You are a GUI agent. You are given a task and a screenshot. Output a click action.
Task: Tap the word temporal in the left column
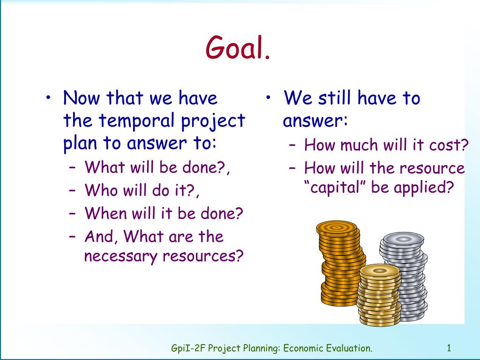coord(135,121)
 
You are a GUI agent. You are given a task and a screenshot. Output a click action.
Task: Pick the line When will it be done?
coord(164,214)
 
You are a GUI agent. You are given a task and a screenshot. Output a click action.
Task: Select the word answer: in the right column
coord(315,122)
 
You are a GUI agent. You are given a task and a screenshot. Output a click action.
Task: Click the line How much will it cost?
coord(386,145)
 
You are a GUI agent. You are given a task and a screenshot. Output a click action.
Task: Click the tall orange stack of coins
coord(340,262)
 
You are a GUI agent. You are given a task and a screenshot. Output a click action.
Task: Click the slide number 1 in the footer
coord(449,348)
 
